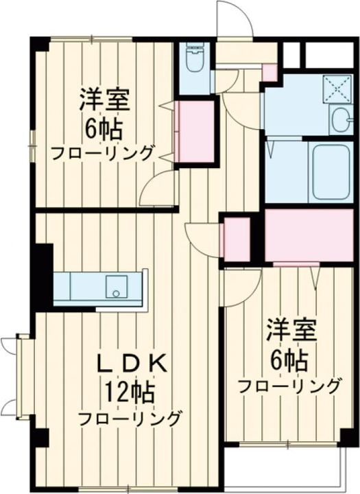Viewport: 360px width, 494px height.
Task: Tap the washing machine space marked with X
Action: [x=337, y=89]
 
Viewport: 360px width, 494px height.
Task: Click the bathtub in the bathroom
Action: [x=331, y=171]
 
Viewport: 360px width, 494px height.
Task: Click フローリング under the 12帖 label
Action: [x=130, y=418]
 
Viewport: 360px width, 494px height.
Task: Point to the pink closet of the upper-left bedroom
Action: [x=195, y=132]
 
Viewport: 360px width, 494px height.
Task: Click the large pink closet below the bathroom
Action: [x=308, y=235]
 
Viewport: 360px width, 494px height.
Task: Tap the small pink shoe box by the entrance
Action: [x=269, y=71]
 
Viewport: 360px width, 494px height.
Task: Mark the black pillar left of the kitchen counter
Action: [x=43, y=275]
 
